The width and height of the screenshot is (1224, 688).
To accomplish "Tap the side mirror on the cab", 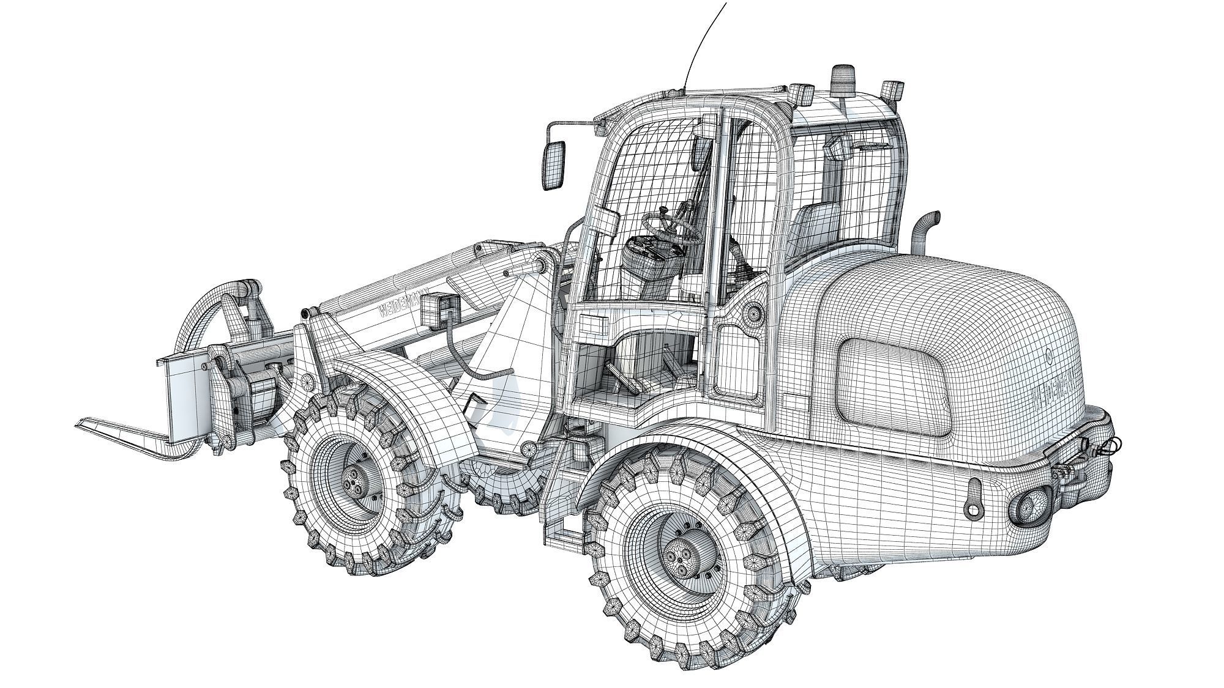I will click(553, 164).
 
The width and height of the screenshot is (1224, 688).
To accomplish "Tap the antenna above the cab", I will click(704, 43).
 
